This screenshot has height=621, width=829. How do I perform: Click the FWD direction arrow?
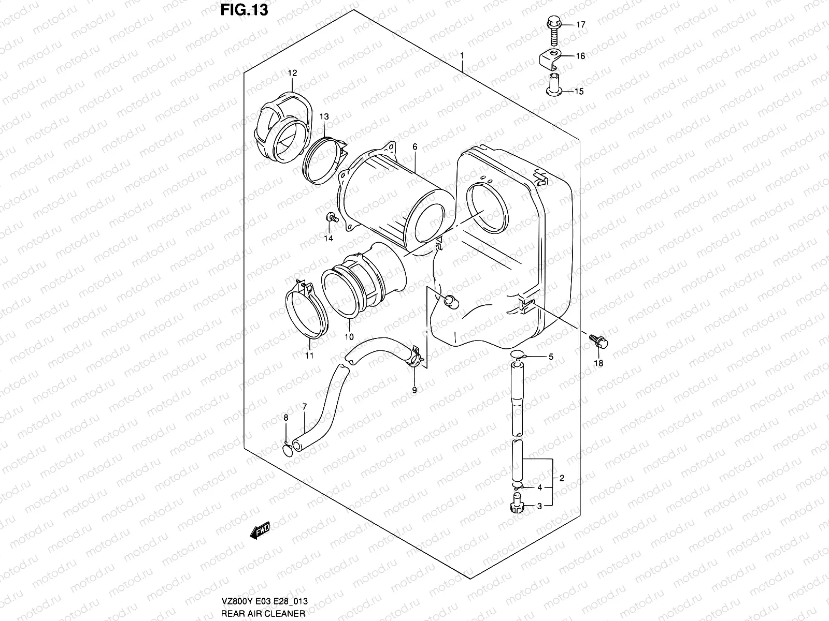261,530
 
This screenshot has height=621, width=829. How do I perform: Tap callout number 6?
414,147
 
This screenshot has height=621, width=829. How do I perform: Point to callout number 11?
309,356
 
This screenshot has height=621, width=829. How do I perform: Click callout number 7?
304,407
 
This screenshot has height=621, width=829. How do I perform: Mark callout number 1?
461,55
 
